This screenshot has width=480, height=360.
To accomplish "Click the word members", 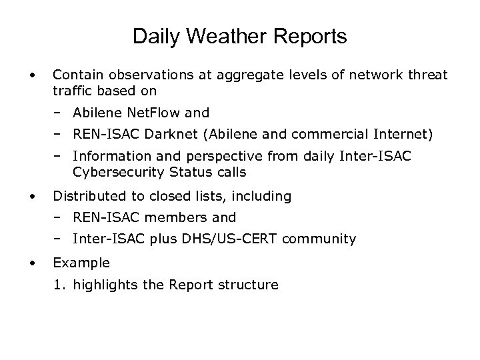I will click(x=173, y=217).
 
